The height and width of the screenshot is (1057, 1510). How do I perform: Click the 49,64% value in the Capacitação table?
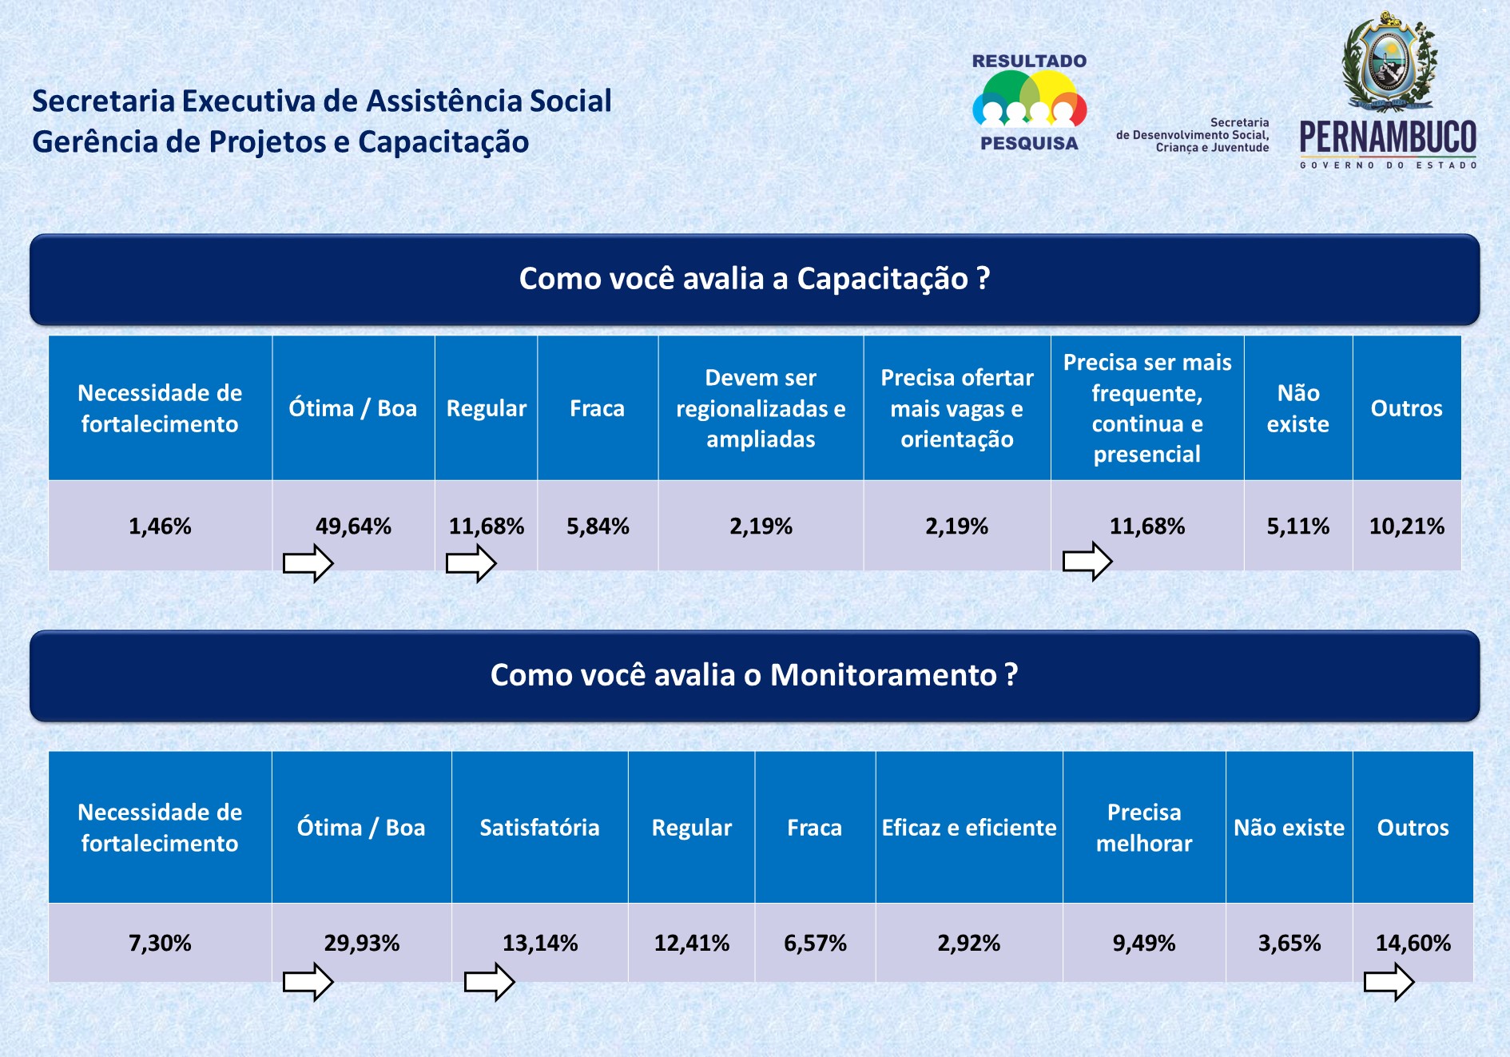353,527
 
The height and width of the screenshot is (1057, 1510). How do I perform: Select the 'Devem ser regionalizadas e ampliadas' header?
761,408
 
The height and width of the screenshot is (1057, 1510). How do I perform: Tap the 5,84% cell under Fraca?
598,527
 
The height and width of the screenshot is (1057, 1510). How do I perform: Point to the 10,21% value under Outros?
1406,527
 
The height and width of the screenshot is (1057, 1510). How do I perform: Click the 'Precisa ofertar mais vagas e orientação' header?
956,408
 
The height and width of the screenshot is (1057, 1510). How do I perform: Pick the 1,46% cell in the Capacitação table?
160,527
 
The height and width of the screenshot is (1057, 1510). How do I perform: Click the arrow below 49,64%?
308,563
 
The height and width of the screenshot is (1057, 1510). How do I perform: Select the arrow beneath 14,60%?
1389,981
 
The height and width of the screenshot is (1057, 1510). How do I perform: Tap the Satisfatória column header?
539,828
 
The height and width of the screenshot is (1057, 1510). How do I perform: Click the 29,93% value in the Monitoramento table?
361,944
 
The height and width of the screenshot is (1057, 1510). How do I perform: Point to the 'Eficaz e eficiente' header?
968,828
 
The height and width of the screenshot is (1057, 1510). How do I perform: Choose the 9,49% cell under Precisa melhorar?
1143,944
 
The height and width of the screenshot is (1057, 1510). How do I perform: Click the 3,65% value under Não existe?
1289,944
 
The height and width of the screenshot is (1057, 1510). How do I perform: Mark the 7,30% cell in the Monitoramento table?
160,944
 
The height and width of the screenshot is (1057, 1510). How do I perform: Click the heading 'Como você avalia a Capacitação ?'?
754,279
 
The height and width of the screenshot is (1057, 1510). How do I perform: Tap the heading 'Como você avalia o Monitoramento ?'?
754,675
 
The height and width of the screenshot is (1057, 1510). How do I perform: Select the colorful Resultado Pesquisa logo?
1029,101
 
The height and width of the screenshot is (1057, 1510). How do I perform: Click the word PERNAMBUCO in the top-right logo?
1388,137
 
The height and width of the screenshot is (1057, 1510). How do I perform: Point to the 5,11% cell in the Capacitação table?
1297,527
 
